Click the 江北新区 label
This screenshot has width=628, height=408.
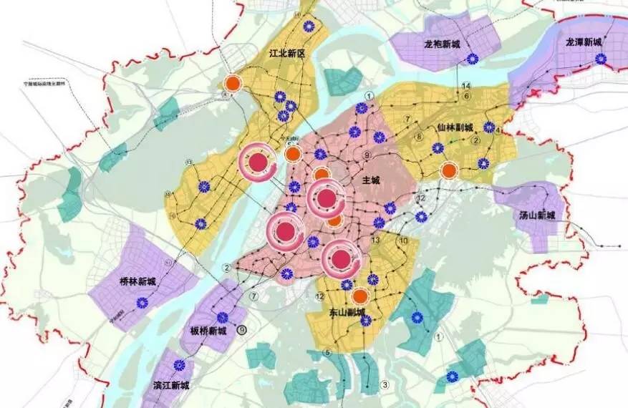pyautogui.click(x=286, y=54)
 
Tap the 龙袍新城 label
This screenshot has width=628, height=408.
pyautogui.click(x=442, y=44)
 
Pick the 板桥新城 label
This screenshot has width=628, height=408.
pyautogui.click(x=208, y=331)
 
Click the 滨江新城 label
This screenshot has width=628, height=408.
pyautogui.click(x=172, y=385)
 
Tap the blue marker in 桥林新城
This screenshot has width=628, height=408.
pyautogui.click(x=142, y=303)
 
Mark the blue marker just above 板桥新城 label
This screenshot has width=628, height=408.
pyautogui.click(x=223, y=316)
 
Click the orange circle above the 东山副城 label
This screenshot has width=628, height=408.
pyautogui.click(x=361, y=296)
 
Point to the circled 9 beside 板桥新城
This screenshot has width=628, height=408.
pyautogui.click(x=242, y=330)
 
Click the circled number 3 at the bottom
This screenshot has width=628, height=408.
pyautogui.click(x=385, y=385)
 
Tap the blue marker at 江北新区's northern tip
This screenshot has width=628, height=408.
pyautogui.click(x=309, y=26)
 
